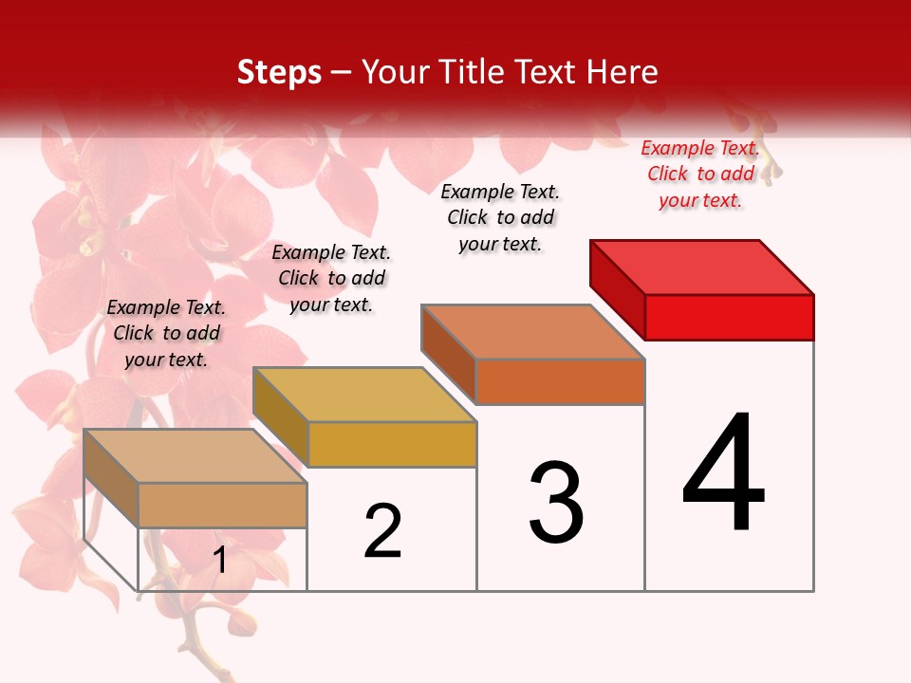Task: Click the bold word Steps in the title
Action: [x=279, y=72]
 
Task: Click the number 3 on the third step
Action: [x=556, y=503]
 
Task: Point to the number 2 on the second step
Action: [x=383, y=531]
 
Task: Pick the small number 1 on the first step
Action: [x=220, y=561]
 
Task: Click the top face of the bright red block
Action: [x=702, y=267]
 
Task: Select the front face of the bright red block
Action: [x=729, y=317]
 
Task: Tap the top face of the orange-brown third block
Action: [x=533, y=332]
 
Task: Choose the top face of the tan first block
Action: [x=195, y=456]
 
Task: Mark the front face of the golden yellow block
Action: [x=392, y=444]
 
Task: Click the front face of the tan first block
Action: [x=223, y=505]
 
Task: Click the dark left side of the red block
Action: [x=617, y=289]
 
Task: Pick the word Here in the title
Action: [x=623, y=72]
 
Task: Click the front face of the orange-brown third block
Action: [x=560, y=381]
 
